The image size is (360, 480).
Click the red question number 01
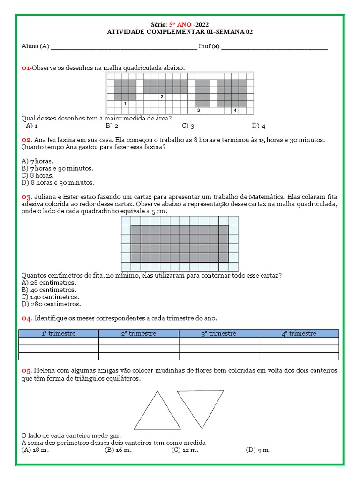click(26, 68)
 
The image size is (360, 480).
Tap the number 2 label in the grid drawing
click(161, 97)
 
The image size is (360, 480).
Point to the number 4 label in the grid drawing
click(235, 110)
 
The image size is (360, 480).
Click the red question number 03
click(27, 197)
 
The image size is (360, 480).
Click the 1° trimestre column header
click(59, 333)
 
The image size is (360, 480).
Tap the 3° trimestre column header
click(219, 333)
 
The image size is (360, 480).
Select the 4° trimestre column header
click(299, 333)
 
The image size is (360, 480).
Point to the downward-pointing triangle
click(200, 405)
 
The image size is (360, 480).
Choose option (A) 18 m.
click(35, 450)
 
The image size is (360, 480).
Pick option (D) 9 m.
click(258, 450)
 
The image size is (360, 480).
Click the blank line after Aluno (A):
click(124, 46)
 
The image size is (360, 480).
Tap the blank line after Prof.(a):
click(274, 46)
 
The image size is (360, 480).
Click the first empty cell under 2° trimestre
click(139, 341)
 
